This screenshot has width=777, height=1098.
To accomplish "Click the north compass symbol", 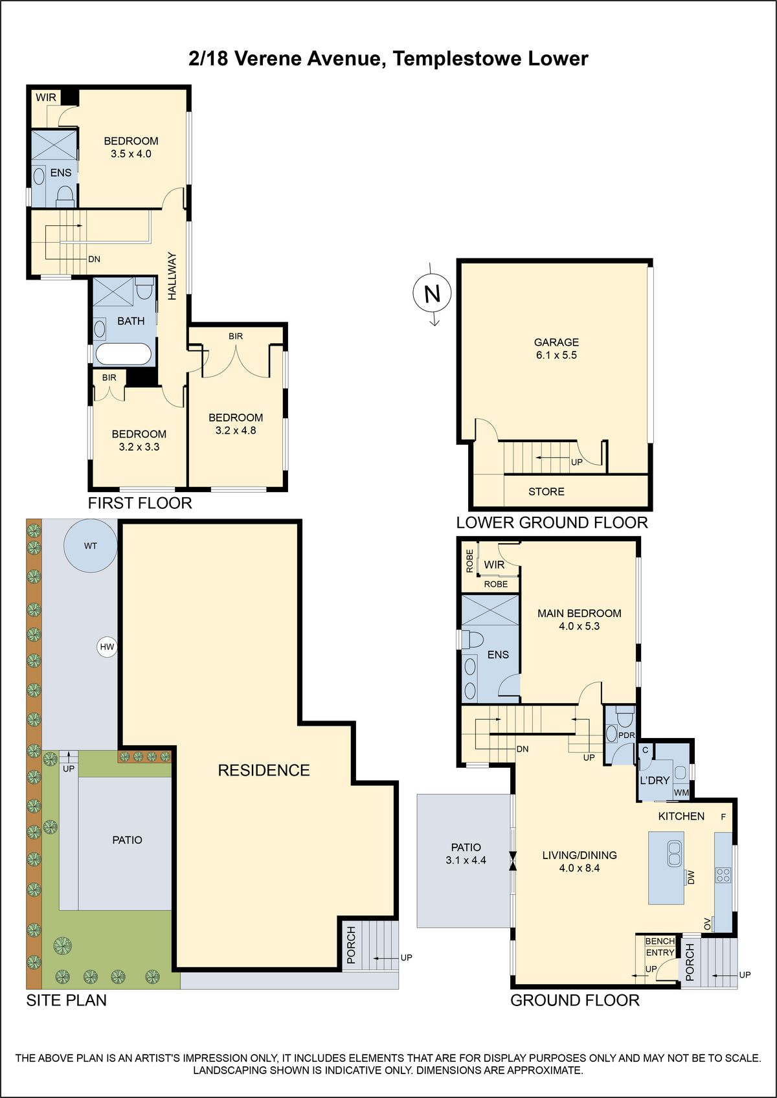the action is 432,294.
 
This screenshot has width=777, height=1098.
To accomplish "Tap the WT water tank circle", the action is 91,545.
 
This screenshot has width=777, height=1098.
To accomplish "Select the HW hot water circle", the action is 107,647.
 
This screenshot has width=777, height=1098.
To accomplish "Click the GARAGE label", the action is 556,342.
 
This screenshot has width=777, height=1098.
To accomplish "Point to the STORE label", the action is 546,491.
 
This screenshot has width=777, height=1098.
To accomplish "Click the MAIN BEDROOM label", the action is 579,613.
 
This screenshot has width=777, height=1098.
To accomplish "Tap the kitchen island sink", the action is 674,853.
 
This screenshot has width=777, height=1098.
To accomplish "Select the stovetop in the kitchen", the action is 723,875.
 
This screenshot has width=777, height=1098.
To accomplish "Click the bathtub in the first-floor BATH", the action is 124,354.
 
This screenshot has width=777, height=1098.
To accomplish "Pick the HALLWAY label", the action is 172,276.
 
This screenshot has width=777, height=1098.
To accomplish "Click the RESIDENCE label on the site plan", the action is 264,770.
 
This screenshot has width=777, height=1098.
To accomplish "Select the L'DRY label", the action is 655,780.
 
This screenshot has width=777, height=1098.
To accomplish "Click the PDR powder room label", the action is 626,735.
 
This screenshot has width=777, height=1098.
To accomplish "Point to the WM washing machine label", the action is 681,792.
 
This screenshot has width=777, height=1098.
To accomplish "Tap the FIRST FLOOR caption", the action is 140,503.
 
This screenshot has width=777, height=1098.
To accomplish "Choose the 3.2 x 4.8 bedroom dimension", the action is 235,431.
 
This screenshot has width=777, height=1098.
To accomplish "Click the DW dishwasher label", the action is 692,877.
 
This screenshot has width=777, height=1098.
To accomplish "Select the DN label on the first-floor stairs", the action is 94,260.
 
